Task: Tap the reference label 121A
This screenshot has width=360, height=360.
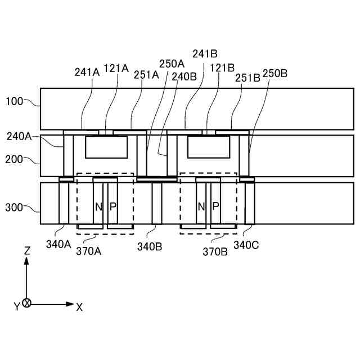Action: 116,68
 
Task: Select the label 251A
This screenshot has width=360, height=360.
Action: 146,74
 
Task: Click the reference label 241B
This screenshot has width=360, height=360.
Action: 205,55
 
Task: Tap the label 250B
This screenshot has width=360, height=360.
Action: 274,74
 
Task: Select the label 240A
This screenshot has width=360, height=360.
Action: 20,136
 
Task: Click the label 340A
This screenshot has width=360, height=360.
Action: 58,245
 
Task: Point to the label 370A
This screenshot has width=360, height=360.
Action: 89,251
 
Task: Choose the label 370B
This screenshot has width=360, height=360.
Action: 215,251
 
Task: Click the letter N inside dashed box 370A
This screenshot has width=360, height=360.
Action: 98,206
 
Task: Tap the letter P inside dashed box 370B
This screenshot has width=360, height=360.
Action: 215,206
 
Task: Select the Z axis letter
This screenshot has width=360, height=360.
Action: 27,251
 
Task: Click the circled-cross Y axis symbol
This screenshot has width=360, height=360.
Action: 26,304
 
